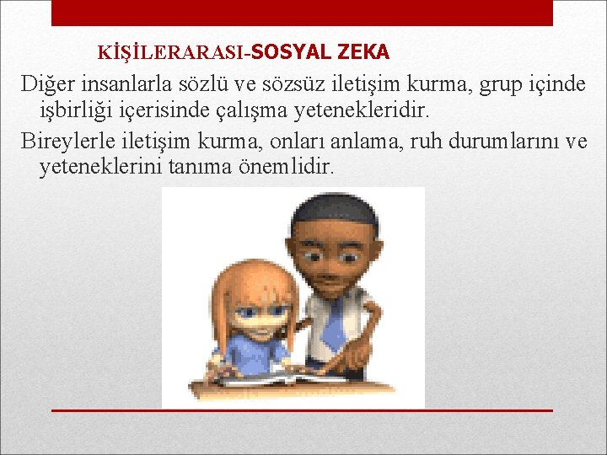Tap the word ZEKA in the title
(363, 52)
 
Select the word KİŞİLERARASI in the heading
(173, 53)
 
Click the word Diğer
(46, 83)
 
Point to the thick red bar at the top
(302, 13)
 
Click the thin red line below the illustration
(302, 410)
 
